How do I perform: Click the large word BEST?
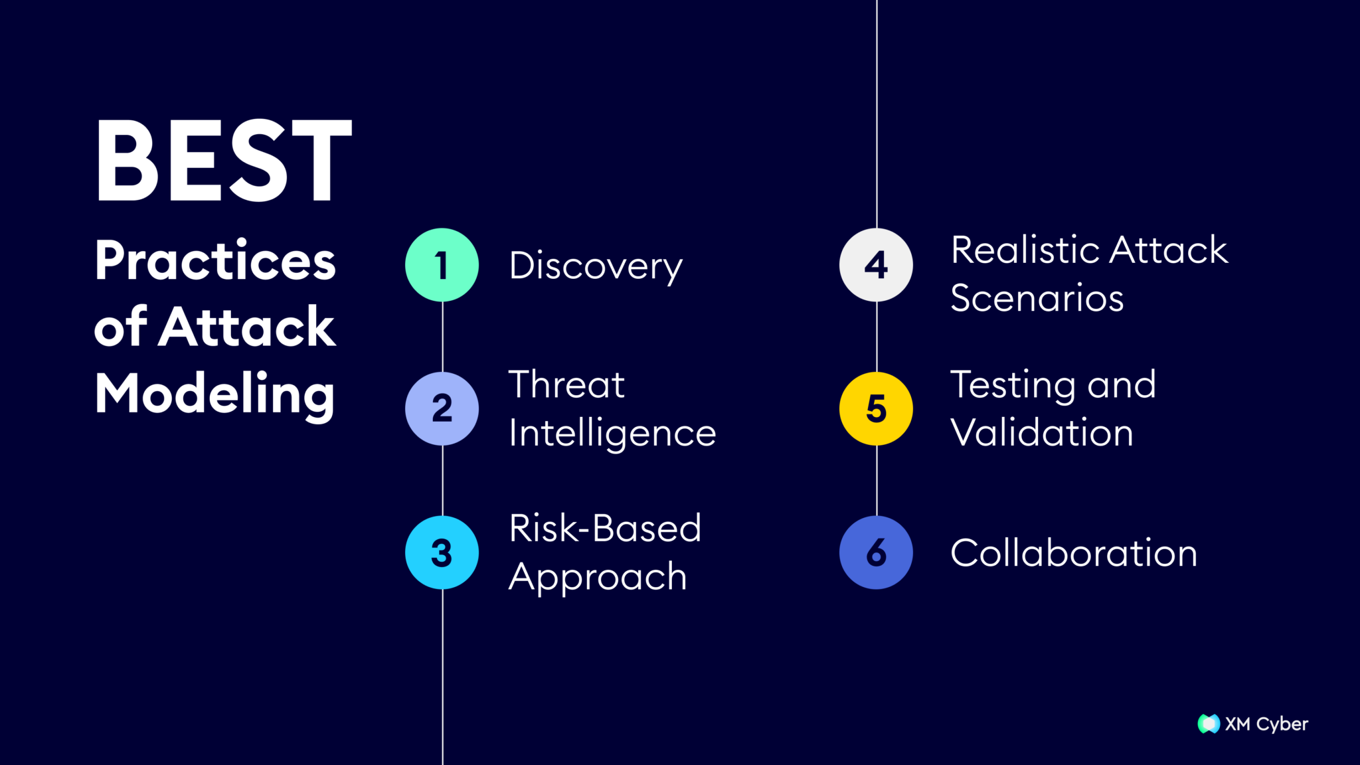[x=223, y=161]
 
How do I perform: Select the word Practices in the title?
[x=215, y=260]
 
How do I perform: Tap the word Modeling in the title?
[x=214, y=394]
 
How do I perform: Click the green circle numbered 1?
[x=442, y=265]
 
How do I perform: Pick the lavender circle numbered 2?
[x=442, y=408]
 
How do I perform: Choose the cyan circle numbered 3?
[x=442, y=552]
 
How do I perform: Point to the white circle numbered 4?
[x=876, y=265]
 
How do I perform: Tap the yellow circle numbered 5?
[x=876, y=408]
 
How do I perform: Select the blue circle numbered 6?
[x=876, y=552]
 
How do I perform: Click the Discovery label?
[x=596, y=266]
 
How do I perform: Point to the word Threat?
[x=566, y=384]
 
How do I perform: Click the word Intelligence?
[x=612, y=433]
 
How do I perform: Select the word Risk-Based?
[x=605, y=528]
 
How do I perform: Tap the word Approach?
[x=598, y=576]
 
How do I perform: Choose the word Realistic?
[x=1025, y=250]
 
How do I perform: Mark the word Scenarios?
[x=1037, y=297]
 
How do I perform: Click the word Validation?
[x=1041, y=433]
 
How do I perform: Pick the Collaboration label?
[x=1074, y=552]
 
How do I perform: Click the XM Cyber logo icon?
[x=1209, y=724]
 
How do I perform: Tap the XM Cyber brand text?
[x=1266, y=724]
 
